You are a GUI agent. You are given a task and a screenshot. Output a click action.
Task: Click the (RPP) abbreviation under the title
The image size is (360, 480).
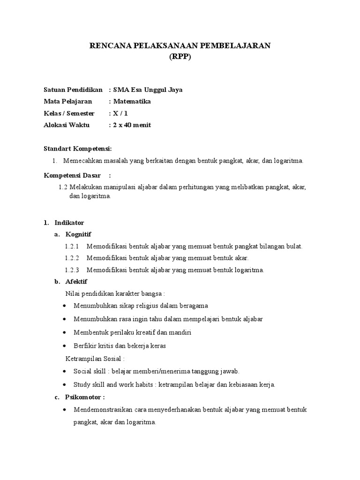click(180, 57)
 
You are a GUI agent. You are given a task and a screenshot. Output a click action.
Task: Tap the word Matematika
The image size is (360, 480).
click(132, 101)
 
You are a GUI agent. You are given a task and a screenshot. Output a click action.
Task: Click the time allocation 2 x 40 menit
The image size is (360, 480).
click(131, 125)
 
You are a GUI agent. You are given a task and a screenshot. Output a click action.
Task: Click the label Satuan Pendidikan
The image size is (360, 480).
click(73, 90)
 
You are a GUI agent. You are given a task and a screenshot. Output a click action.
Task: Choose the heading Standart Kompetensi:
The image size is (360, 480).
click(78, 149)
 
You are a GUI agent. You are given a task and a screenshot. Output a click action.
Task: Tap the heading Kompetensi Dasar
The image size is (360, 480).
click(72, 175)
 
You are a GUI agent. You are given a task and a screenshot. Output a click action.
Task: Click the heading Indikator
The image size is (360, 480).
click(69, 223)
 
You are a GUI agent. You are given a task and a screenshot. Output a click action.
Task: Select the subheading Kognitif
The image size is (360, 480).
click(79, 234)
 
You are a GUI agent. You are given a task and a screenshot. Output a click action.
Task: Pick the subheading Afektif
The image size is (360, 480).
click(76, 282)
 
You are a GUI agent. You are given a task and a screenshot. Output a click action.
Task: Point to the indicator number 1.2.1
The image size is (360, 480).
click(72, 246)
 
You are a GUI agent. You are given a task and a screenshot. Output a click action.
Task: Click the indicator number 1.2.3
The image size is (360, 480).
click(72, 270)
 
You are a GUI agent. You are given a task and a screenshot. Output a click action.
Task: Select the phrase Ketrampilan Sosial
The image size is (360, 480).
click(94, 359)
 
